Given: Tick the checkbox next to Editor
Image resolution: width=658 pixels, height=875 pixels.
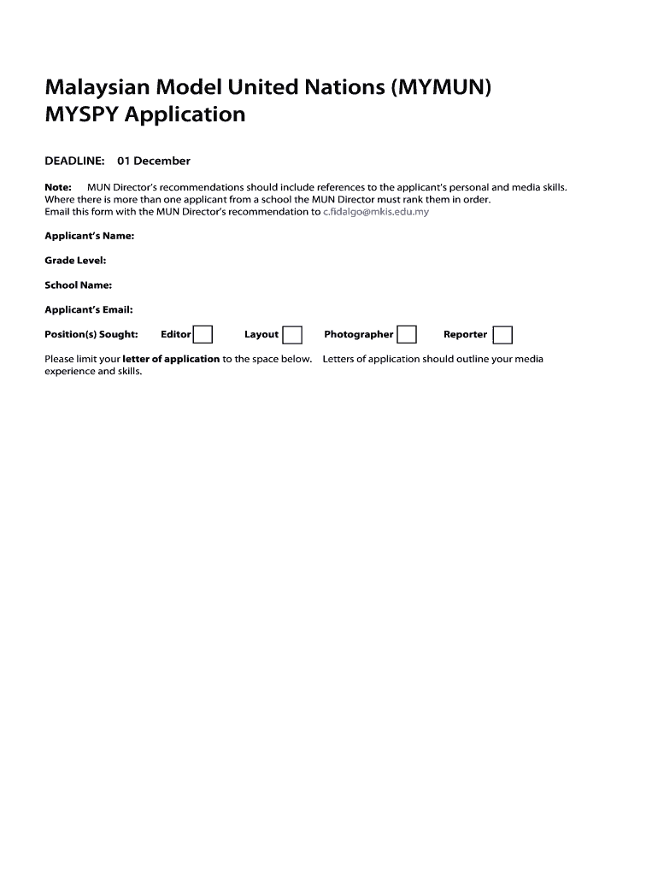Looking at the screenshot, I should coord(203,334).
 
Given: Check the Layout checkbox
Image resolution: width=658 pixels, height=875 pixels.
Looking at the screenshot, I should coord(292,334).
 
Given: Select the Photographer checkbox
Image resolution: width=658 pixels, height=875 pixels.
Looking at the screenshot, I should coord(407,334).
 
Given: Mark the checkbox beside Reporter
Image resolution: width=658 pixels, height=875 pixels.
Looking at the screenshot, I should coord(502,334).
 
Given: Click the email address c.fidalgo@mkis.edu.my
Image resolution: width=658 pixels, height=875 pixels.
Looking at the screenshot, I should coord(376,212).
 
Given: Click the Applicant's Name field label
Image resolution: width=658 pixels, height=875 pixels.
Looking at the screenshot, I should coord(89,236).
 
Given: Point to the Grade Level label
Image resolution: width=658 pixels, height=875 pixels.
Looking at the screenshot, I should coord(75,261).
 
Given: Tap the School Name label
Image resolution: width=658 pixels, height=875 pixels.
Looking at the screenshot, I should coord(78,285).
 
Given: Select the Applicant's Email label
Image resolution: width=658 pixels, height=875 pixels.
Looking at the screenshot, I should coord(88,310).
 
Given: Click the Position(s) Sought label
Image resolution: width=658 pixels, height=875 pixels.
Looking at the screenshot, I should coord(91,334).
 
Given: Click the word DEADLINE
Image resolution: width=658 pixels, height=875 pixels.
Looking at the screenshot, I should coord(74,161).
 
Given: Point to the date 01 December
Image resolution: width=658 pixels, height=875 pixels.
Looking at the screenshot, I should coord(154,161).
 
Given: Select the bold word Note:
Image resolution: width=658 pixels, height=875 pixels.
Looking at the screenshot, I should coord(57,187).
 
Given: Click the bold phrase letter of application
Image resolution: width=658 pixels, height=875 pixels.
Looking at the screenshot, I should coord(171,359).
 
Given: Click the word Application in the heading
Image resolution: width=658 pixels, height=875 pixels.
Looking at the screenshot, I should coord(185,115).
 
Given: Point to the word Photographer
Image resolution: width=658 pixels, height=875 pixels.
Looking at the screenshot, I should coord(358,334).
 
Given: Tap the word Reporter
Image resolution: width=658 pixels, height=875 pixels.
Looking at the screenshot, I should coord(465,334).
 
